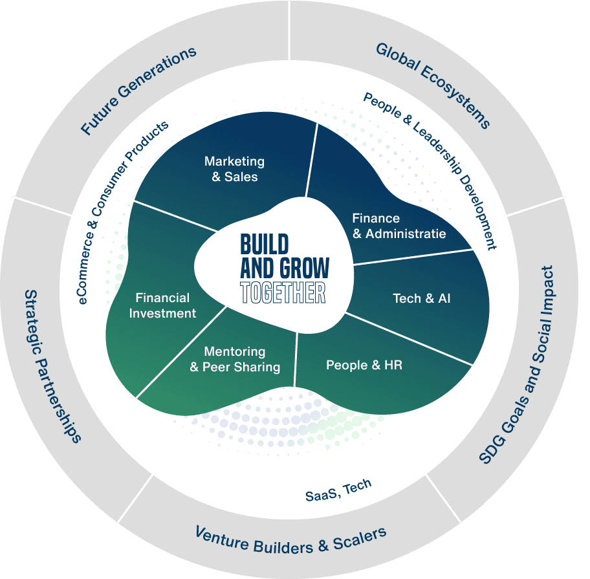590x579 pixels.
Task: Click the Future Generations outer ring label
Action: click(x=138, y=91)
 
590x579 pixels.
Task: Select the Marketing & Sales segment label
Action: click(x=234, y=169)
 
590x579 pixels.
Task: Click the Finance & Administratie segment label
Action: click(x=399, y=226)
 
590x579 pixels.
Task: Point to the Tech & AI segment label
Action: click(x=422, y=298)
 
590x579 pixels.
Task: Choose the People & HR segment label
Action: click(x=364, y=366)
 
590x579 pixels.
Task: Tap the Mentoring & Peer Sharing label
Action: click(x=235, y=360)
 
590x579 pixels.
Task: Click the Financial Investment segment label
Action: click(x=166, y=305)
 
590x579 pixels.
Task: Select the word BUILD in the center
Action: click(x=265, y=244)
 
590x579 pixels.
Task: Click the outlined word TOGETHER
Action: click(x=283, y=292)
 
